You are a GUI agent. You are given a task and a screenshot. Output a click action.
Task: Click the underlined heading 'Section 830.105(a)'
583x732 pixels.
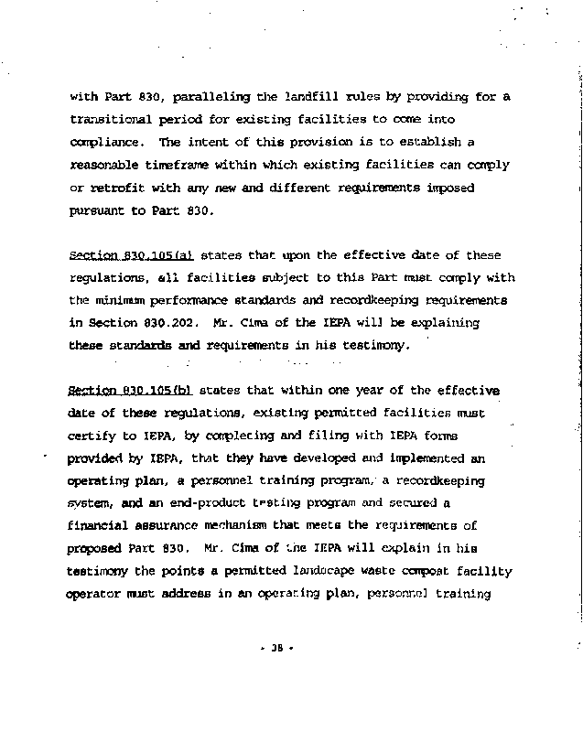tap(132, 255)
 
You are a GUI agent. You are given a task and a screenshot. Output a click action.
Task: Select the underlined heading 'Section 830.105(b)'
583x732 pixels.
tap(132, 391)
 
